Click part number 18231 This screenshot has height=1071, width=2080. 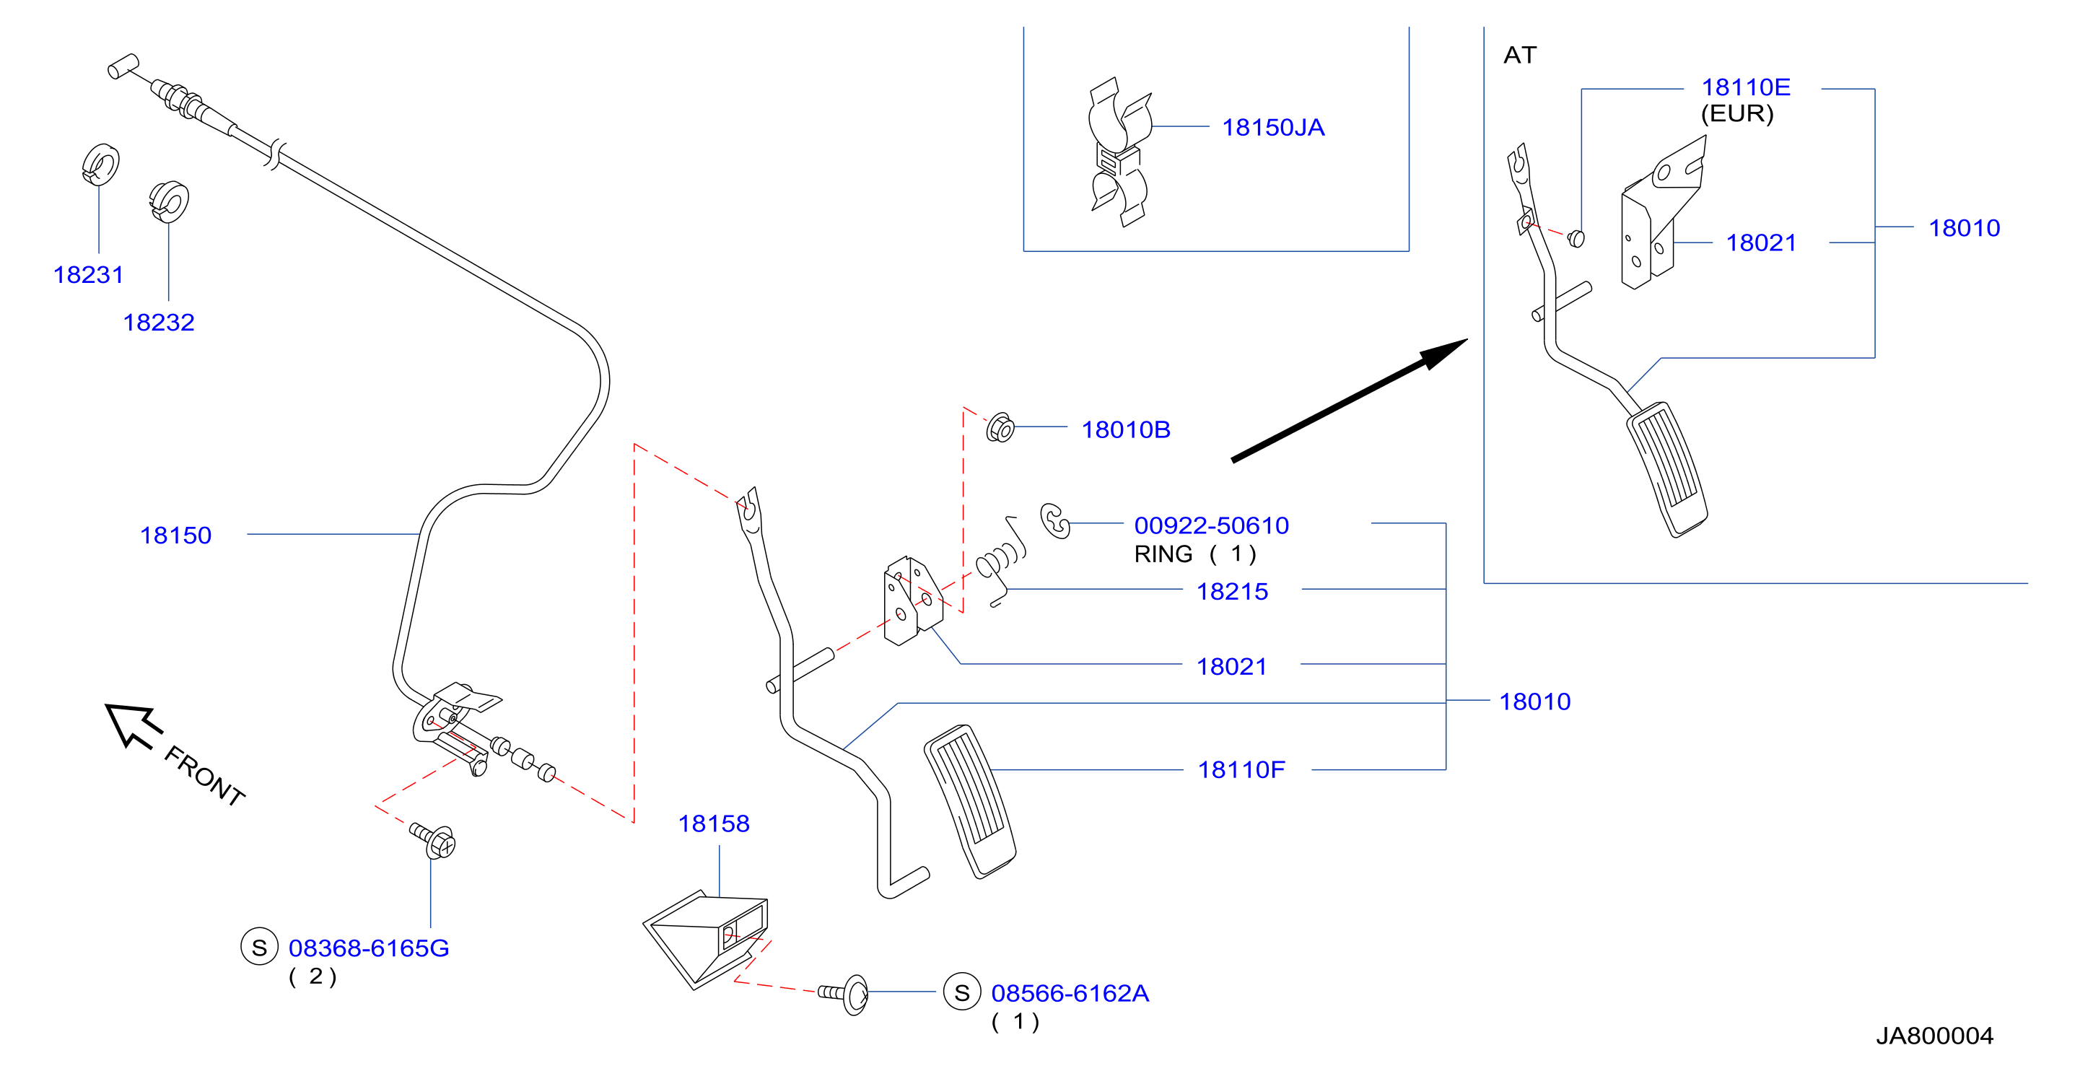click(x=88, y=276)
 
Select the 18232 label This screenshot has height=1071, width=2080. click(x=158, y=323)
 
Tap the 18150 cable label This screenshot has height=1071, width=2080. click(x=175, y=535)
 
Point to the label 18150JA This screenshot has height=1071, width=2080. click(x=1272, y=128)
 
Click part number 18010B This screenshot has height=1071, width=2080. click(x=1126, y=429)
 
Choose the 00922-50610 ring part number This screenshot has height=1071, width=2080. click(x=1211, y=526)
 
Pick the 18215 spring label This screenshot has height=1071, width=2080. click(x=1231, y=592)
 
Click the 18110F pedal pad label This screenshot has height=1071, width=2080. click(x=1241, y=770)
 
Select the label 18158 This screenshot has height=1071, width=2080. click(x=714, y=824)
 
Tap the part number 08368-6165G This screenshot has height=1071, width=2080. click(x=369, y=948)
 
